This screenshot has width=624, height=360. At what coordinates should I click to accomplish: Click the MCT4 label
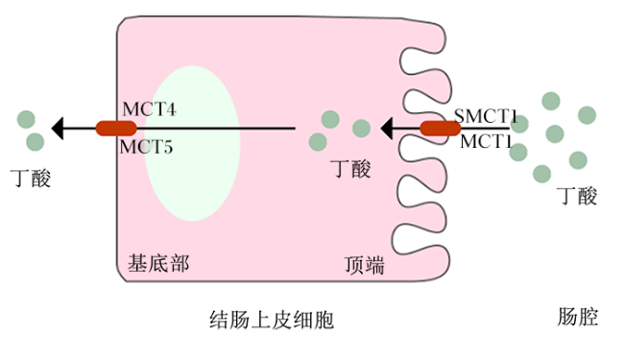click(149, 109)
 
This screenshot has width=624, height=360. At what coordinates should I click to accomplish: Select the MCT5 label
click(147, 147)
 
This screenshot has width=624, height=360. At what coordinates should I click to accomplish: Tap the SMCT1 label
click(486, 116)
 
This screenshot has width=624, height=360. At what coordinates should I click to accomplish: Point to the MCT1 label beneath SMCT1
click(486, 141)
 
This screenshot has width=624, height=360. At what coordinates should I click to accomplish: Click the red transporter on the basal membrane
click(116, 129)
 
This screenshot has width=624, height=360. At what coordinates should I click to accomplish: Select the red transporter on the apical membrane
click(441, 129)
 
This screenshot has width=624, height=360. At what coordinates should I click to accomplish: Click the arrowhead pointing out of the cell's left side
click(58, 129)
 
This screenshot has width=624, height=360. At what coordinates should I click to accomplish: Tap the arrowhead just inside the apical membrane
click(387, 129)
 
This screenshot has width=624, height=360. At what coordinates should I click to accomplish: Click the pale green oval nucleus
click(192, 143)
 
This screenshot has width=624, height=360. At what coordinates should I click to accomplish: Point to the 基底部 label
click(158, 263)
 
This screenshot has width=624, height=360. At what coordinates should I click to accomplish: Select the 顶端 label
click(365, 265)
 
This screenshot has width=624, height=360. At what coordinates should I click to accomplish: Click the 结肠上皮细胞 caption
click(272, 320)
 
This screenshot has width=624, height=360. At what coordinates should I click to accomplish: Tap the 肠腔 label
click(578, 317)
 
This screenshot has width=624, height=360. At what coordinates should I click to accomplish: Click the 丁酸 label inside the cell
click(351, 169)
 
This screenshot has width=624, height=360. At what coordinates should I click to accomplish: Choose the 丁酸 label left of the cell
click(31, 178)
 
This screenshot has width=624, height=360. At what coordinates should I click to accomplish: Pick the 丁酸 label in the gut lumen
click(577, 196)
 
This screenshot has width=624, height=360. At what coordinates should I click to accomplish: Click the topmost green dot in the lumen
click(551, 101)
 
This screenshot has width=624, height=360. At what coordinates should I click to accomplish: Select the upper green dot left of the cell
click(26, 119)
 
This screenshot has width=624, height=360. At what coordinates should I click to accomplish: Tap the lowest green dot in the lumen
click(542, 174)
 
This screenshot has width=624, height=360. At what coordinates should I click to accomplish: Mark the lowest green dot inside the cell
click(318, 142)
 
